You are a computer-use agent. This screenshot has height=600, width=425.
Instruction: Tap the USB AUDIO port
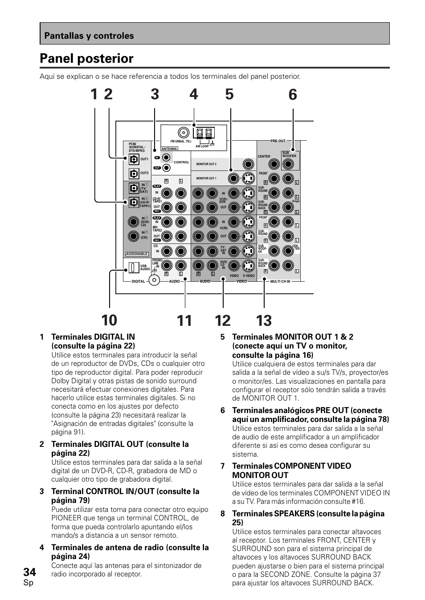[x=133, y=268]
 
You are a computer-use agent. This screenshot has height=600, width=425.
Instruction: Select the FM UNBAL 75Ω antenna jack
[x=183, y=133]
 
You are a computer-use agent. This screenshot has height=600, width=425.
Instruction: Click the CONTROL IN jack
[x=166, y=157]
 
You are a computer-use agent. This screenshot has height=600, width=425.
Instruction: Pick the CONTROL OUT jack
[x=166, y=168]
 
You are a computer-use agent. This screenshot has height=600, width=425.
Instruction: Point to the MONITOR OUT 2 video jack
[x=248, y=164]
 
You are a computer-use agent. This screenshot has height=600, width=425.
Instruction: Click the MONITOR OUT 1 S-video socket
[x=248, y=178]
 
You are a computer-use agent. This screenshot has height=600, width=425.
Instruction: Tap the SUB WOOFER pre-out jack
[x=289, y=164]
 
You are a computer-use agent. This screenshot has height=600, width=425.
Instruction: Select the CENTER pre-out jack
[x=274, y=164]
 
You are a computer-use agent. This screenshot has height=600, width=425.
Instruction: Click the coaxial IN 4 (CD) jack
[x=134, y=236]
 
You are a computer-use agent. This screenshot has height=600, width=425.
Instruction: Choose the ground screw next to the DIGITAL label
[x=154, y=280]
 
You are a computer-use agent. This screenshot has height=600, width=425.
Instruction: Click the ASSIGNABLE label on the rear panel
[x=137, y=254]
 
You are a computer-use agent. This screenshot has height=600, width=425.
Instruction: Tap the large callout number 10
[x=109, y=321]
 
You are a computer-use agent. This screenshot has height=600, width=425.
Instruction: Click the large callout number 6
[x=293, y=95]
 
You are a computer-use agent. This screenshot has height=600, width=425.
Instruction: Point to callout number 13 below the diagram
[x=264, y=321]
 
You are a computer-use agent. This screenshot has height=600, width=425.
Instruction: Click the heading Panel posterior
[x=86, y=59]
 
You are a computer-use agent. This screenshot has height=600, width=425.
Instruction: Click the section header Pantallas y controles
[x=89, y=36]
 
